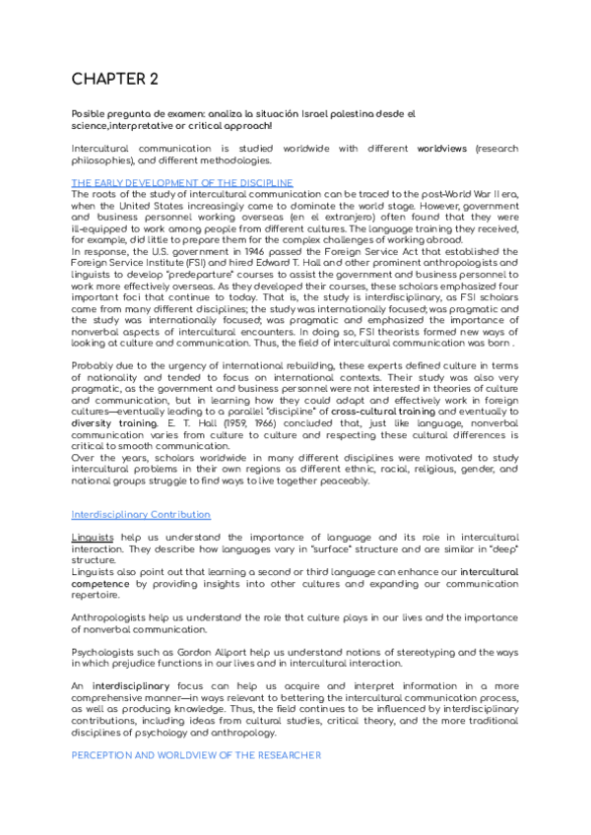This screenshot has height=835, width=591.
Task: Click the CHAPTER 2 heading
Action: point(115,79)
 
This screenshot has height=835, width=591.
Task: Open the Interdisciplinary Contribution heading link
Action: point(140,515)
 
